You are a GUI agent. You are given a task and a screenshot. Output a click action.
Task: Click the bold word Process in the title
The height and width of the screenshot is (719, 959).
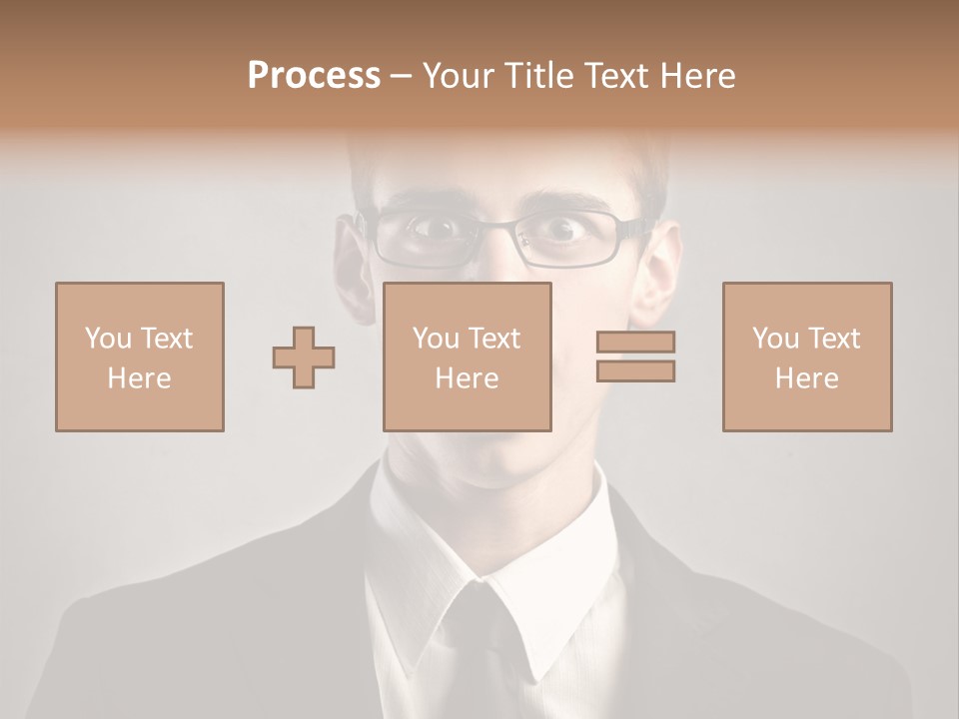314,76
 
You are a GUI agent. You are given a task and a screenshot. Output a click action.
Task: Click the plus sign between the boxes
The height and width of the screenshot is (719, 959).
304,357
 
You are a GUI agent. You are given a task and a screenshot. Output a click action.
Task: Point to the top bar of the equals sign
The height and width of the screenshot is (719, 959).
635,342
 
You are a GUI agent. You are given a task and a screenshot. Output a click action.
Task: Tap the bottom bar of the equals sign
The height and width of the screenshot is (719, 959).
635,370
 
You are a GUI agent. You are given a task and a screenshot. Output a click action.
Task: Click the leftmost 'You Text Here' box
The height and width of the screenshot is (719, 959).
140,357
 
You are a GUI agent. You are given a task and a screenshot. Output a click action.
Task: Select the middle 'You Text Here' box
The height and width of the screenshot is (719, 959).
468,357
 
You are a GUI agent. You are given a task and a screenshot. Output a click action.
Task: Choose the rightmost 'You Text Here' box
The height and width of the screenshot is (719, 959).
807,357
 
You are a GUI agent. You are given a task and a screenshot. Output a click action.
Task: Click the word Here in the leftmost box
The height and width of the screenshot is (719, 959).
139,378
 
